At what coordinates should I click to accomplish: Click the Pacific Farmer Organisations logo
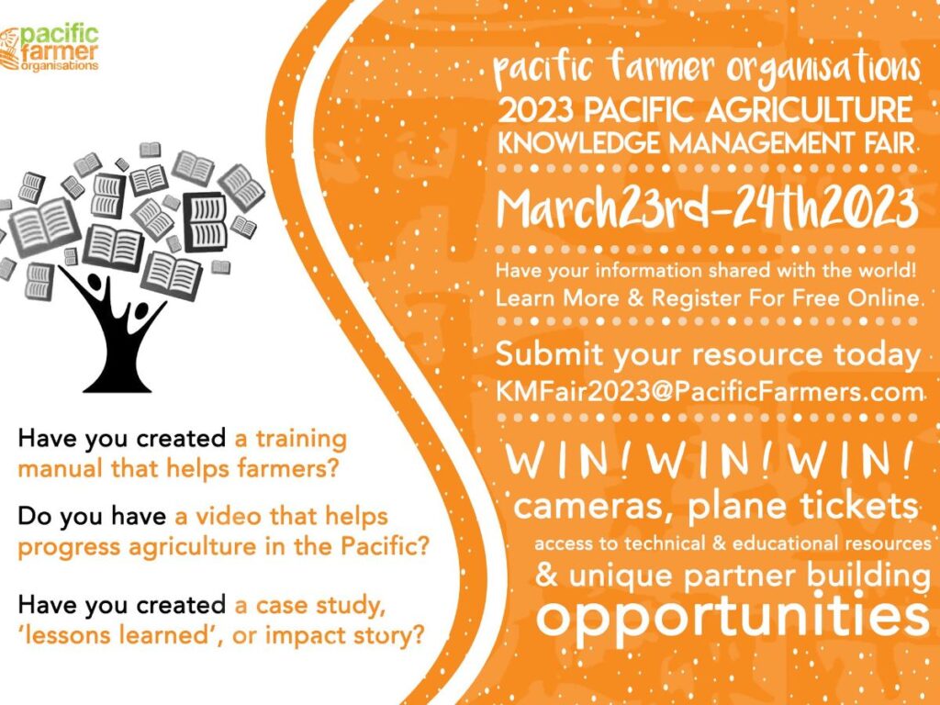pyautogui.click(x=50, y=49)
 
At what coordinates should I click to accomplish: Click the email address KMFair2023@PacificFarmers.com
pyautogui.click(x=710, y=392)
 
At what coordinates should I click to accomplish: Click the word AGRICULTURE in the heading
pyautogui.click(x=809, y=110)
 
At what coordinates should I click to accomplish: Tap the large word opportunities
pyautogui.click(x=732, y=617)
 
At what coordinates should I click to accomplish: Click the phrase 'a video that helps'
pyautogui.click(x=281, y=516)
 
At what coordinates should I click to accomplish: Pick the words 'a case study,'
pyautogui.click(x=309, y=606)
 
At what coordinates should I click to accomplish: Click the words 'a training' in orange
pyautogui.click(x=291, y=440)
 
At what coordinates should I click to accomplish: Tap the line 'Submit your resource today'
pyautogui.click(x=708, y=355)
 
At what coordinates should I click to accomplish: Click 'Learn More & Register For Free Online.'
pyautogui.click(x=708, y=298)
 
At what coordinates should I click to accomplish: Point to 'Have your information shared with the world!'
pyautogui.click(x=706, y=271)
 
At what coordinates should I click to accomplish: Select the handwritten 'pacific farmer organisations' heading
pyautogui.click(x=706, y=67)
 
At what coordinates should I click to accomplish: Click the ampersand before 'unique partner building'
pyautogui.click(x=546, y=575)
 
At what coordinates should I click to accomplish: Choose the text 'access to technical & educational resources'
pyautogui.click(x=732, y=543)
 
